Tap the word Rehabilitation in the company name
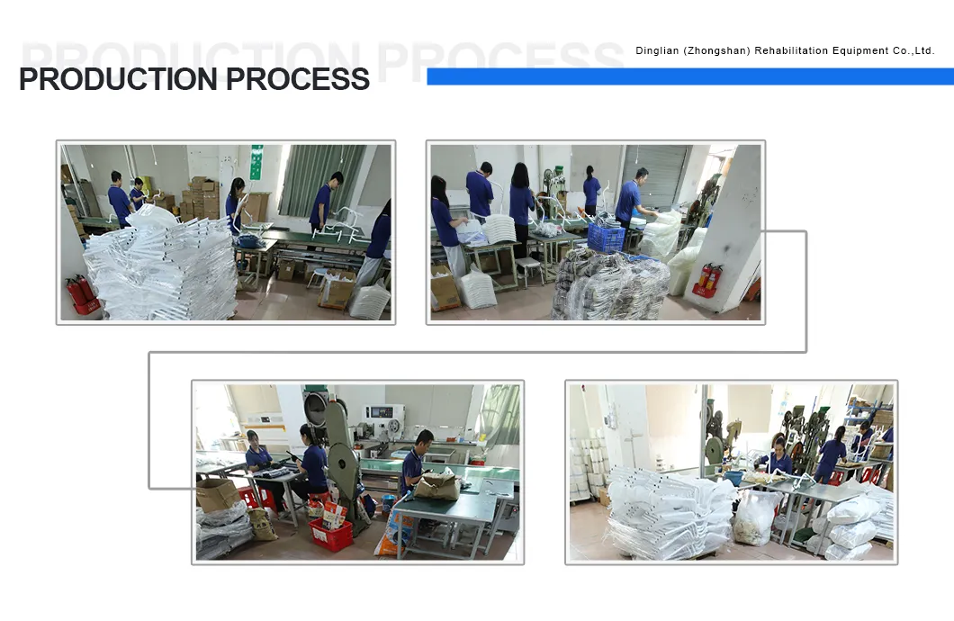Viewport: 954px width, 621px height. [x=793, y=50]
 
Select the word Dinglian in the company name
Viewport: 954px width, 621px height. [x=656, y=50]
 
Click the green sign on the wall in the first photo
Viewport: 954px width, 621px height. [x=256, y=162]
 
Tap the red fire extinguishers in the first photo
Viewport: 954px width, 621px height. [x=82, y=293]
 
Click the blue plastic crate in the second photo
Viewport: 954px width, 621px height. [x=606, y=238]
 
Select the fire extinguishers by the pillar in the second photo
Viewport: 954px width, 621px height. [x=708, y=278]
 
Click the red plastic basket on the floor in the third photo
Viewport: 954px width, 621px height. [x=331, y=535]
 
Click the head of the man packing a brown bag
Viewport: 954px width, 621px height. [x=424, y=439]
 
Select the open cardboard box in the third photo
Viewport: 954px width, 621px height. [x=218, y=493]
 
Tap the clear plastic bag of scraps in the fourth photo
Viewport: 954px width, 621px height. [x=753, y=518]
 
